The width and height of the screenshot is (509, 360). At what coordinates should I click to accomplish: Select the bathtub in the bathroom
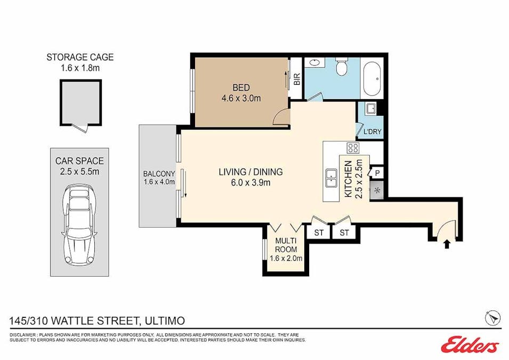pos(371,78)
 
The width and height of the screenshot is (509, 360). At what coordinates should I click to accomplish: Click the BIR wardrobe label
pos(297,79)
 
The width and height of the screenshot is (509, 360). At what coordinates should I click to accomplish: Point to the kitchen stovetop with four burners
pos(353,148)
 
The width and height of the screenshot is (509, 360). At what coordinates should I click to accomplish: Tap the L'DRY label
pos(371,132)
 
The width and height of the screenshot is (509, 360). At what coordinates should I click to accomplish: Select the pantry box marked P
pos(377,172)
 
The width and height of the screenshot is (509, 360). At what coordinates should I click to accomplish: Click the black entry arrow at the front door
pos(447,244)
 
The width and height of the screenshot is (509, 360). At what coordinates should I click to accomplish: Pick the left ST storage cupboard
pos(319,233)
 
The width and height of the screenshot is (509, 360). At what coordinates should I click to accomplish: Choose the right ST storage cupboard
pos(344,233)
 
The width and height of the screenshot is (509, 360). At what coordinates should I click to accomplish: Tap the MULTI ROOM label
pos(286,245)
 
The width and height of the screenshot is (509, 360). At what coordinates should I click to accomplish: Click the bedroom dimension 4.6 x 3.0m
pos(241,98)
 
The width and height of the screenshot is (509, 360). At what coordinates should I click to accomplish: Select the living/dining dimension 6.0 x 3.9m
pos(251,183)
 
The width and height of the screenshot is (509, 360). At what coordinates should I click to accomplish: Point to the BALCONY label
pos(159,174)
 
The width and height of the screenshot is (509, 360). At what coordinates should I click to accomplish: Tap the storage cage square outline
pos(80,102)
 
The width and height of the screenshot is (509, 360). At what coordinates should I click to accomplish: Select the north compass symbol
pos(492,317)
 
